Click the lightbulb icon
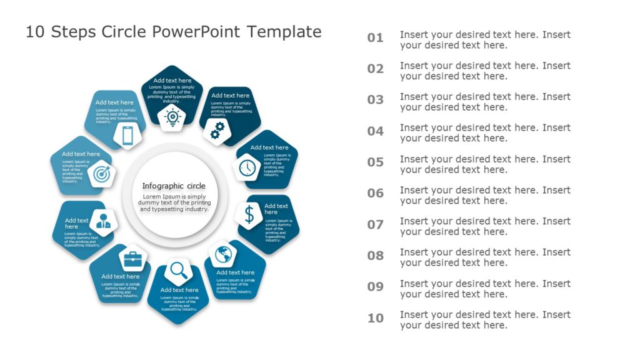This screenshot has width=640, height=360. (172, 117)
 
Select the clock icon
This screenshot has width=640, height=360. (247, 167)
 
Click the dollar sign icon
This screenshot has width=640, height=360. (249, 214)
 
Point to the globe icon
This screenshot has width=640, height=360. (223, 254)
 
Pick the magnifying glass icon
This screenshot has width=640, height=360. (179, 271)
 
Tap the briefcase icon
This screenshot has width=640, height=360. (132, 257)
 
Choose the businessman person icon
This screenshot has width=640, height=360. (104, 220)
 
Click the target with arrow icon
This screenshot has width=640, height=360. (101, 175)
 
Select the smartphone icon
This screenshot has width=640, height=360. (127, 136)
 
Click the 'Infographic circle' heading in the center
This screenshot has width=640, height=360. (174, 186)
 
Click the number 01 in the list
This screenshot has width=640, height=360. (375, 38)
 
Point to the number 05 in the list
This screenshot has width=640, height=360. (375, 162)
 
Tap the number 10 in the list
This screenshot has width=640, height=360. (375, 318)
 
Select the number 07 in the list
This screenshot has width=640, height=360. (375, 224)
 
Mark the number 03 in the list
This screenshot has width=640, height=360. (375, 100)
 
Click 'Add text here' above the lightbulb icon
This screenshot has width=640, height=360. (172, 80)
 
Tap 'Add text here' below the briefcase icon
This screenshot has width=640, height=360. (121, 276)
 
